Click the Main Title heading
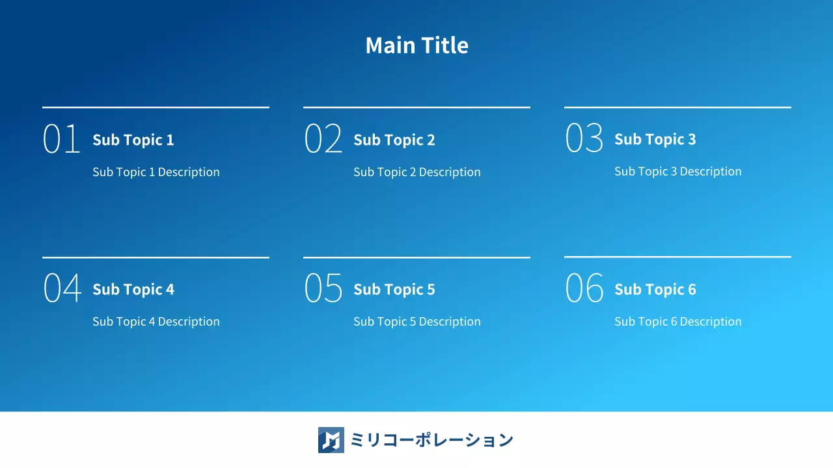(416, 45)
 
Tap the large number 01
(62, 139)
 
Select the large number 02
(323, 139)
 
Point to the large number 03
(584, 138)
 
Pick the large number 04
(62, 289)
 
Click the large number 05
(323, 289)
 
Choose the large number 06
(584, 289)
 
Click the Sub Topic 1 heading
(133, 140)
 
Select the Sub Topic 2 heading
(394, 140)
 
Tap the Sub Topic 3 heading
(655, 139)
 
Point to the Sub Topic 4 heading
(133, 289)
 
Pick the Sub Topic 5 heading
(394, 289)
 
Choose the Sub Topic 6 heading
(655, 289)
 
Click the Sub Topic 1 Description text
(156, 172)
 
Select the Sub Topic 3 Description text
(678, 172)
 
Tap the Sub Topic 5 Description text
(417, 322)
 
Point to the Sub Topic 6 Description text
(678, 322)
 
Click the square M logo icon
(331, 440)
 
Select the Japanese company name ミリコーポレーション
(431, 440)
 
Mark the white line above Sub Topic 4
(156, 257)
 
